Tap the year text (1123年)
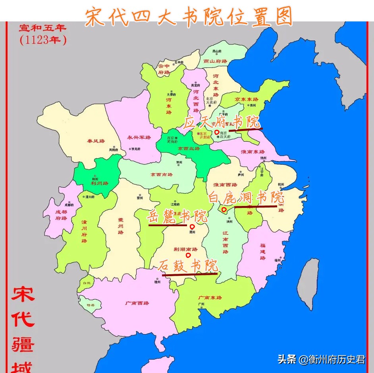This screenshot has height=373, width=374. tap(43, 40)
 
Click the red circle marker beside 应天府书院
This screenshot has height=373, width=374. tap(216, 132)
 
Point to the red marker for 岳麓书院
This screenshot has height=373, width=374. tap(192, 227)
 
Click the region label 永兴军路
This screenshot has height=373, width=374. tap(139, 137)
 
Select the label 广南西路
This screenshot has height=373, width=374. tap(137, 303)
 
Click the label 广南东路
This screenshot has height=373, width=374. tap(210, 297)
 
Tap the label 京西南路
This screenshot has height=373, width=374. tap(162, 174)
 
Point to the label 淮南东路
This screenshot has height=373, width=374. tap(253, 152)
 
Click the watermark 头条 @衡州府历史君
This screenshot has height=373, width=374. tap(321, 360)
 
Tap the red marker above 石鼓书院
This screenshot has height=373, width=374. tap(188, 255)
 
